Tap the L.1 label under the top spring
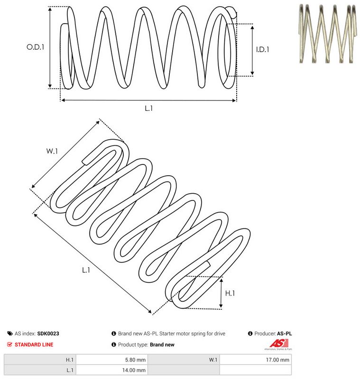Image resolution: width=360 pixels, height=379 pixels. coord(148,108)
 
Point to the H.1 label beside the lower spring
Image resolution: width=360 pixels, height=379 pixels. coord(230,293)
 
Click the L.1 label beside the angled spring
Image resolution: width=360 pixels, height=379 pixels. coord(86,270)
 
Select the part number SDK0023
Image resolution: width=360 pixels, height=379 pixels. coord(48,334)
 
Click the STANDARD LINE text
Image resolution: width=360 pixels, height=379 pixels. coord(34,344)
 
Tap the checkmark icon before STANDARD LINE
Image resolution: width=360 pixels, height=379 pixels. coord(10,344)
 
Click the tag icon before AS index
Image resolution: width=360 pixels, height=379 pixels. coord(10,334)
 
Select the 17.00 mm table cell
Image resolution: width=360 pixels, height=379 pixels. coord(278,360)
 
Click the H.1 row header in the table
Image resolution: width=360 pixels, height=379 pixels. coord(69,360)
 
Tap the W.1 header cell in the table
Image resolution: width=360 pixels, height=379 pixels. coord(213,360)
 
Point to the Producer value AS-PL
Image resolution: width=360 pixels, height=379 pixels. coord(284,334)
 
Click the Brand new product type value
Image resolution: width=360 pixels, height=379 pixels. coord(162,344)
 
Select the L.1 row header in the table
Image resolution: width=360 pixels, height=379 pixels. coord(69,370)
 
